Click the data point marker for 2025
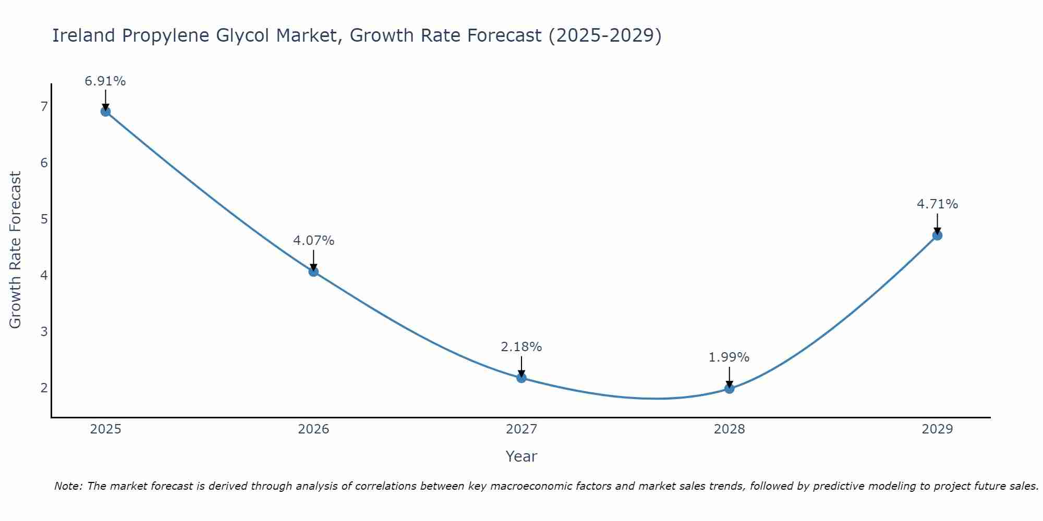click(x=105, y=111)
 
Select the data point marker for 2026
click(x=313, y=271)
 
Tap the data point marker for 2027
click(x=521, y=378)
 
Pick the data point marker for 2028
click(x=729, y=388)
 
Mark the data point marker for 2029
click(x=937, y=235)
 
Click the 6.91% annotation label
click(x=105, y=81)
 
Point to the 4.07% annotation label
click(x=313, y=241)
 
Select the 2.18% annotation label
click(x=521, y=347)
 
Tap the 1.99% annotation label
click(x=729, y=357)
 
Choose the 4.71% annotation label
click(x=937, y=204)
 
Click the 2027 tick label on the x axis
click(x=521, y=429)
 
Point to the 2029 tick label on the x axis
click(x=937, y=429)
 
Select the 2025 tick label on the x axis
click(x=105, y=429)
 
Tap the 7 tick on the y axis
click(x=44, y=106)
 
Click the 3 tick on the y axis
click(x=44, y=331)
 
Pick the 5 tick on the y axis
click(x=44, y=219)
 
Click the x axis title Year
click(x=521, y=456)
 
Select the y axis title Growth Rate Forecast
click(x=16, y=250)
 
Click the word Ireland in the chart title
click(x=83, y=35)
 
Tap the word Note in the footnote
click(x=68, y=486)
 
